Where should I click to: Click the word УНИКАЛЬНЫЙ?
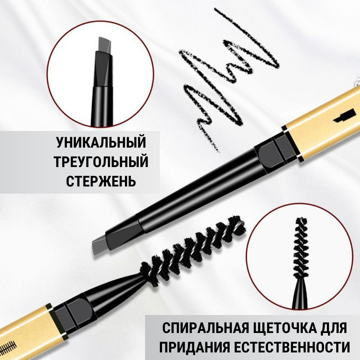tap(101, 143)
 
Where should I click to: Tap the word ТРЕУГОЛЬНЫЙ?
tap(101, 162)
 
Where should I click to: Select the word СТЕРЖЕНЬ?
tap(101, 181)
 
